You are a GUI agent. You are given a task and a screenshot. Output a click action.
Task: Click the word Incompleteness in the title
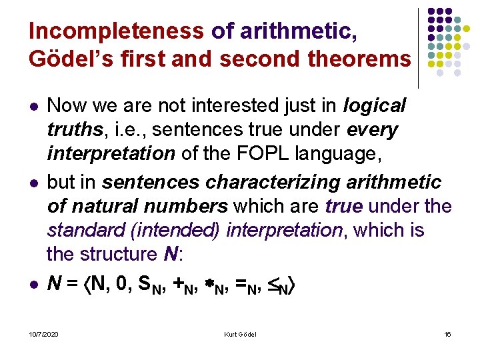117,31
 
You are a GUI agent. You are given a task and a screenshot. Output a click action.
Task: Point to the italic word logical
374,105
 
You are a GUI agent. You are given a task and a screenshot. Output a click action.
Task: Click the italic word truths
70,129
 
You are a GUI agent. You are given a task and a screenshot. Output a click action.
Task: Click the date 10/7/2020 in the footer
44,334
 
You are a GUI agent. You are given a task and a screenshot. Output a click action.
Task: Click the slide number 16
447,334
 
